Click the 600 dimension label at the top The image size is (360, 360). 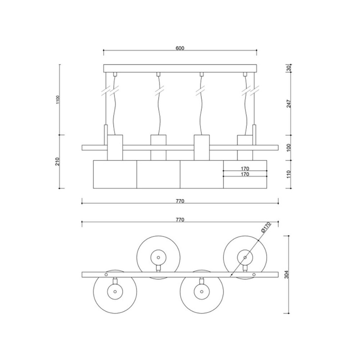coord(180,48)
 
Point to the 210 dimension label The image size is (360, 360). coord(58,162)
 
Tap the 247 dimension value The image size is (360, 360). coord(289,103)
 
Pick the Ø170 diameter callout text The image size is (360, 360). coord(266,227)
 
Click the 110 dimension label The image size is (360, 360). coord(289,174)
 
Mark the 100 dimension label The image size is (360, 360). coord(289,148)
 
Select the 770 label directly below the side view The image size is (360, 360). coord(180,201)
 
